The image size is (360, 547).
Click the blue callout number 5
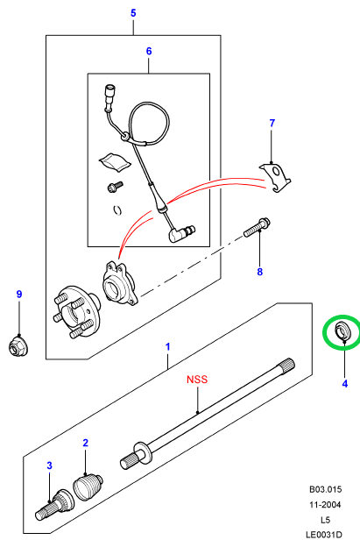pos(133,13)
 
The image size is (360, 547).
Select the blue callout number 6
pos(149,51)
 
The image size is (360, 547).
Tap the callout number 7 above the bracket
pos(272,123)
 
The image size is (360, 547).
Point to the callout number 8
pos(259,272)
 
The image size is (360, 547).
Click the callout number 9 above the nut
pos(19,294)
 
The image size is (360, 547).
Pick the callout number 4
pos(344,384)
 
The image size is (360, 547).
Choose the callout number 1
pos(168,347)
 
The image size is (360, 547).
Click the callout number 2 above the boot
pos(85,443)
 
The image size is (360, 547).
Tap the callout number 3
pos(49,465)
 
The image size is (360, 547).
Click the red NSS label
pos(197,380)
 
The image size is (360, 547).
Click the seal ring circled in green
pos(342,331)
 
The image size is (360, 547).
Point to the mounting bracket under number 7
pos(275,177)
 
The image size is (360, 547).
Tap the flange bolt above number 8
pos(258,227)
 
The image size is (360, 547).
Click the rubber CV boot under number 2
pos(88,487)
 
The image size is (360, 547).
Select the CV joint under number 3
pos(55,504)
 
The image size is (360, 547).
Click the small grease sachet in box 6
pos(115,162)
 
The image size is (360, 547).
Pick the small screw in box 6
pos(116,186)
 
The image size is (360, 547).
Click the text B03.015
pos(326,489)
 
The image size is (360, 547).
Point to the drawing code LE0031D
pos(324,535)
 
